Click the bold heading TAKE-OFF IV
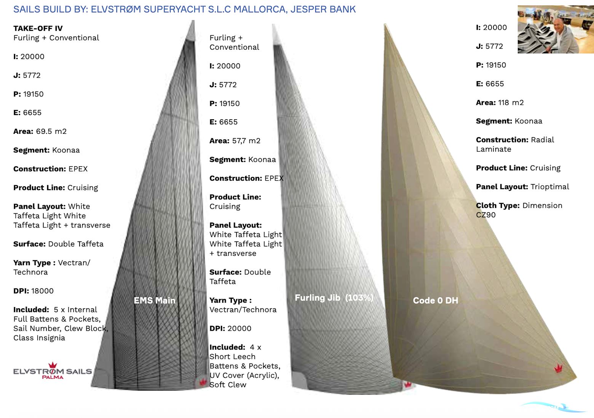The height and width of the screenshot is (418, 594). coord(38,28)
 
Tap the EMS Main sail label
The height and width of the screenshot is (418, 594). coord(155,300)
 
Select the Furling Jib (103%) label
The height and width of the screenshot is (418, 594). coord(334,298)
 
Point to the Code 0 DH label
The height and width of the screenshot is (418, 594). coord(436,300)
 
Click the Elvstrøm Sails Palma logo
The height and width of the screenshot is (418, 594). coord(53,370)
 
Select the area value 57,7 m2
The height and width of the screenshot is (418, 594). coord(246,141)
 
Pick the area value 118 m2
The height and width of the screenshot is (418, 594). coord(511,102)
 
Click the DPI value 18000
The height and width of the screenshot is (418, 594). coord(42,291)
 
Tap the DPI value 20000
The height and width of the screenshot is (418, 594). coord(240,328)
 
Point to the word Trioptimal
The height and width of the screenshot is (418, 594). coord(550,187)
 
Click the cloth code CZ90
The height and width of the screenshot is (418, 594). coord(485,215)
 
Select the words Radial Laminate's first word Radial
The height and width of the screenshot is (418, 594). coord(542,139)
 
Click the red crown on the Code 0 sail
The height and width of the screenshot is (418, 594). coord(558,368)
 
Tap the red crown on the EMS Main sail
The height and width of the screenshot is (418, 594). coord(203,382)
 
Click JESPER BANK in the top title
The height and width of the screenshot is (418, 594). coord(323,9)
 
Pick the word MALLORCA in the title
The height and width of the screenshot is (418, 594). coord(259,9)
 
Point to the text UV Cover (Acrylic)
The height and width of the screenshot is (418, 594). coord(244,375)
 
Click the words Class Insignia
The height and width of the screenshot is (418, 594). coord(39,338)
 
